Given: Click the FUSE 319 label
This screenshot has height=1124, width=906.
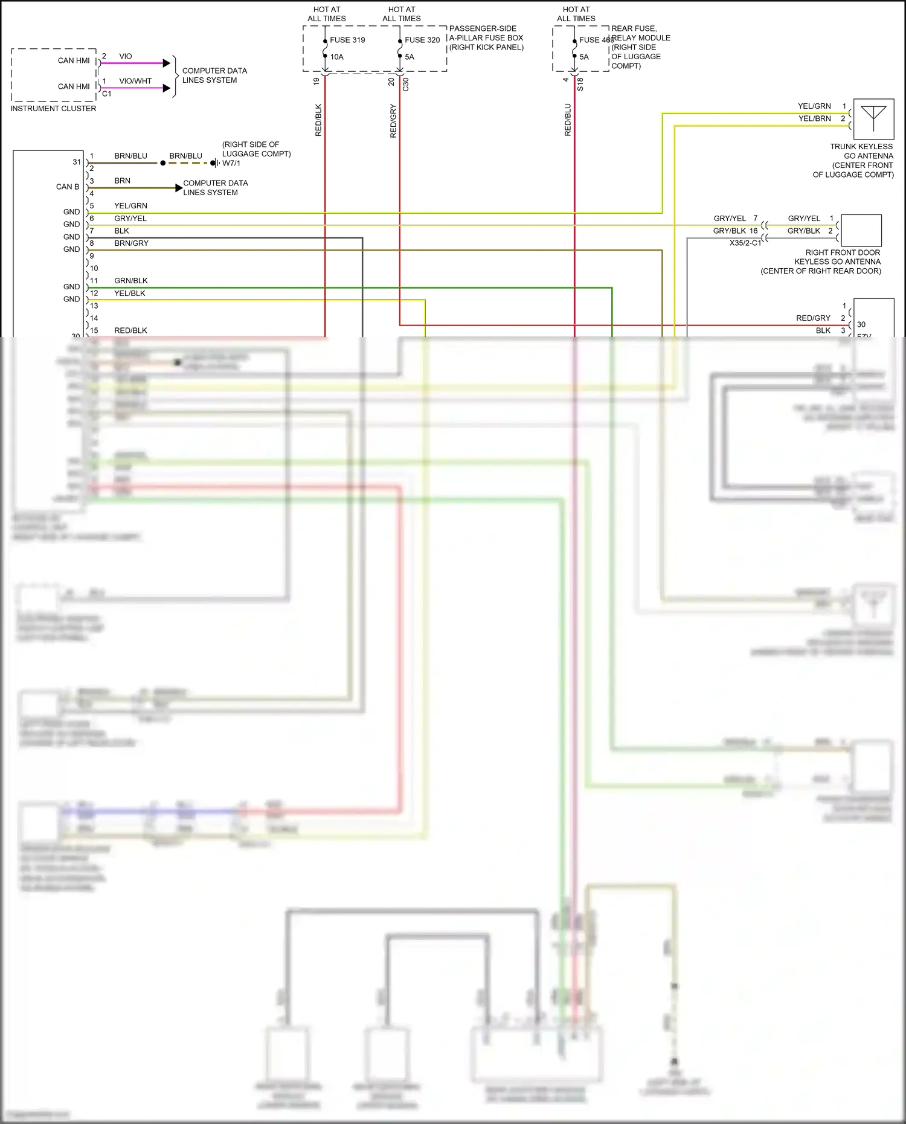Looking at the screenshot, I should tap(347, 40).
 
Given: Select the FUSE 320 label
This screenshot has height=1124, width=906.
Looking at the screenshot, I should tap(422, 40).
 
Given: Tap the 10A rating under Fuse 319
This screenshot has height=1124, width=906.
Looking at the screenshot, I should tap(336, 57).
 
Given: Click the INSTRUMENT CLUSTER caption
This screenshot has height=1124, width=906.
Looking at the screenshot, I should tap(53, 109).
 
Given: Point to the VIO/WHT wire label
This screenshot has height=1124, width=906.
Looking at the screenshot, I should tap(135, 81).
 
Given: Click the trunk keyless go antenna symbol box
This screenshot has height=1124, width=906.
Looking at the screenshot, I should tap(873, 119).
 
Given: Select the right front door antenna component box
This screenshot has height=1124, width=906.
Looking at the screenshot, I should tap(861, 230).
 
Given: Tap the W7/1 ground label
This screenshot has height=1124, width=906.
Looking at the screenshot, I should tap(231, 163).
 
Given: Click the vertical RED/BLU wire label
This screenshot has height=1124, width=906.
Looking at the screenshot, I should tap(568, 120).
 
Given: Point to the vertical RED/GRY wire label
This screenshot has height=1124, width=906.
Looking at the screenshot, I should tap(393, 121).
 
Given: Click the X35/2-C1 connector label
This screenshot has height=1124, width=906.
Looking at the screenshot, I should tap(745, 243).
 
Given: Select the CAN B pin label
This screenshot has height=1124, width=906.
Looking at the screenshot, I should tap(68, 187).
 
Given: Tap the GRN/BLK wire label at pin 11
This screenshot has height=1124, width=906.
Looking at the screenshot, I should tap(131, 281).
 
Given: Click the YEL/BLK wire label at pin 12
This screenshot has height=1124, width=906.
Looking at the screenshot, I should tap(130, 294).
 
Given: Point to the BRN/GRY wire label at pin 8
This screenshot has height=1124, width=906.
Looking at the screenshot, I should tap(131, 243).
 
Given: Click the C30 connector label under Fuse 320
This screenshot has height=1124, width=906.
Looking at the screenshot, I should tap(405, 84).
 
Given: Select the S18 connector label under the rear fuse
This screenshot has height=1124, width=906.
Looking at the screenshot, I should tap(580, 84).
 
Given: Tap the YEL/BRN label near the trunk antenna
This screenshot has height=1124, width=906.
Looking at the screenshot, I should tap(814, 118).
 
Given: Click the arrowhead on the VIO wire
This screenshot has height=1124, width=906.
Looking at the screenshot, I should tap(167, 63).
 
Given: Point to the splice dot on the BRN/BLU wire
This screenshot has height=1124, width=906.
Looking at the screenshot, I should tap(163, 163).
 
